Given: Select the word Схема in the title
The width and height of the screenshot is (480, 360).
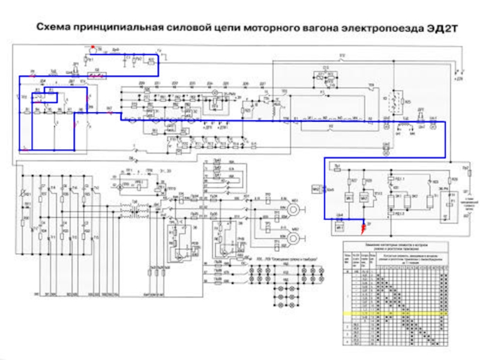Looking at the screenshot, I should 56,27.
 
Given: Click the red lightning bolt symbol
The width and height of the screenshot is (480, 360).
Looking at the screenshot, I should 362,227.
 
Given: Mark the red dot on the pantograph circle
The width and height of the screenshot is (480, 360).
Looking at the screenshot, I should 92,47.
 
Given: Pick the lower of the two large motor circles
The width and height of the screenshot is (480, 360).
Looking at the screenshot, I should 293,238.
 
